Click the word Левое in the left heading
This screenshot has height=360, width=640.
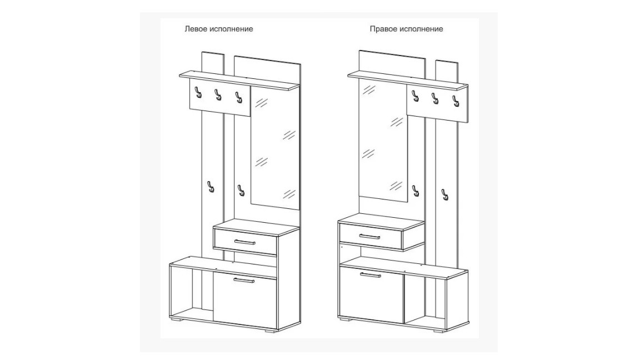196,29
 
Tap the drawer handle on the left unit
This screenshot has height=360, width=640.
245,242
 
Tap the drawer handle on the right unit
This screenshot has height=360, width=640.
370,236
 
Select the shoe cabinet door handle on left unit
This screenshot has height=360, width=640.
244,280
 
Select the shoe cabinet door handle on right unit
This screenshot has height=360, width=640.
370,274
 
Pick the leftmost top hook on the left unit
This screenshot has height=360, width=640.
198,92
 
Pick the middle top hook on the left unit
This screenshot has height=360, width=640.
218,94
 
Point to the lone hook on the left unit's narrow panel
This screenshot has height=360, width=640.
210,187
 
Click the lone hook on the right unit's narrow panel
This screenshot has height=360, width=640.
444,194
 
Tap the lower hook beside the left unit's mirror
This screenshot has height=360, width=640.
240,190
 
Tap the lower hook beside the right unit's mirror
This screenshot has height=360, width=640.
416,191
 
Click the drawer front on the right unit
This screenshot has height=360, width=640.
371,237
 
